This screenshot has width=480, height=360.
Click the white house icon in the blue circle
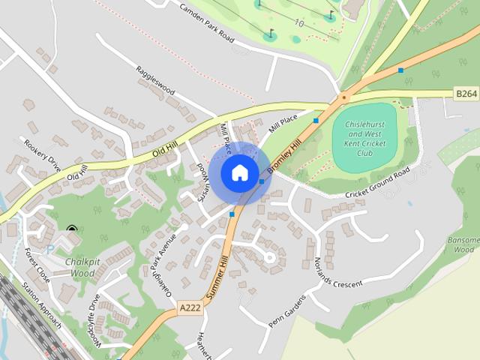[239, 172]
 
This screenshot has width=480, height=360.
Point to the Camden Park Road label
[212, 22]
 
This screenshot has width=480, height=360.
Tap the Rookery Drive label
[41, 154]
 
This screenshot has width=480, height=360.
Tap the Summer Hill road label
[216, 277]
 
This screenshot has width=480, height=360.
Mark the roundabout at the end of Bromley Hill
[344, 97]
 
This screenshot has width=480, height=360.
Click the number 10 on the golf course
[299, 23]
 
